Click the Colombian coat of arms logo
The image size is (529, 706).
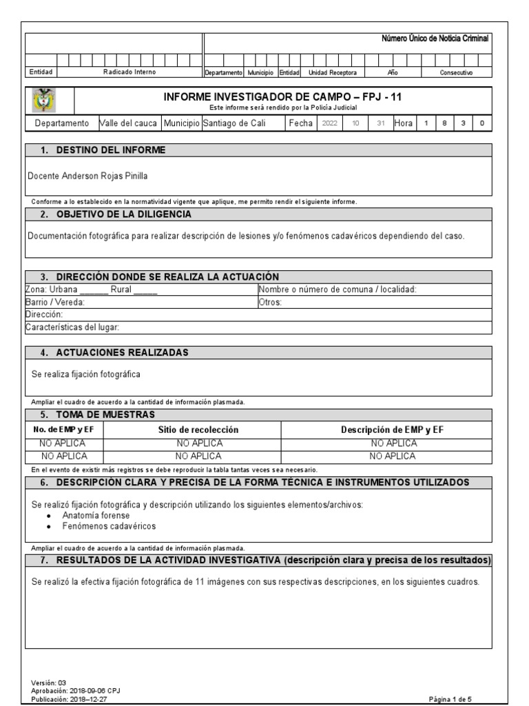[x=45, y=101]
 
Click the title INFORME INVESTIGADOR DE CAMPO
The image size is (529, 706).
[x=282, y=97]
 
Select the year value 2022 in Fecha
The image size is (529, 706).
[x=329, y=123]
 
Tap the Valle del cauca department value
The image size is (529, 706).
[x=129, y=123]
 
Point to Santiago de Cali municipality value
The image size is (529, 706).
[x=234, y=123]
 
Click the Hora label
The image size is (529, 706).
[x=403, y=123]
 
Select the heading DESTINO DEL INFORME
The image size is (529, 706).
[x=110, y=150]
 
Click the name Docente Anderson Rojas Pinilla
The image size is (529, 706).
[x=87, y=176]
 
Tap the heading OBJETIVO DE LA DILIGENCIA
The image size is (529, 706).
[x=125, y=214]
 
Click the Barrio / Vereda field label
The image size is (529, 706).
[x=54, y=302]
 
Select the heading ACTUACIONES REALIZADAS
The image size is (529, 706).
[x=122, y=353]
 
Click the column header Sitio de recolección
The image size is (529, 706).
[x=198, y=430]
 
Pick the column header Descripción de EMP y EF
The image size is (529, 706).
[x=393, y=430]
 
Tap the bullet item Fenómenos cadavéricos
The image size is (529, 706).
[x=109, y=526]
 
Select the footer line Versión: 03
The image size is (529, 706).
[x=49, y=683]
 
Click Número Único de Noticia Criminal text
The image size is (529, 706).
[x=435, y=39]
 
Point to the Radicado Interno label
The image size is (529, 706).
[x=129, y=72]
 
